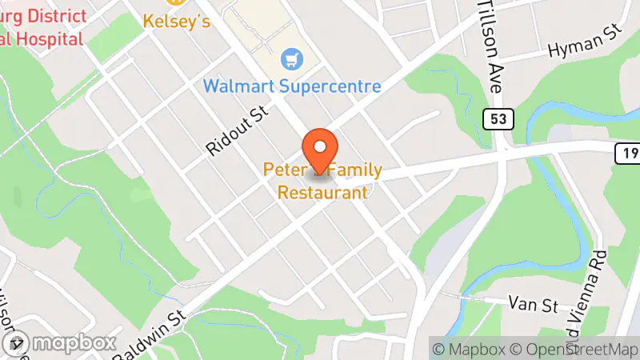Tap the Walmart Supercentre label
(x=291, y=85)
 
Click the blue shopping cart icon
(x=290, y=58)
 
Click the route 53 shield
(x=498, y=119)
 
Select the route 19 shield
(x=626, y=152)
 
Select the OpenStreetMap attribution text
(x=578, y=349)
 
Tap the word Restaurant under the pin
(x=322, y=193)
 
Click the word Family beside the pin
(x=355, y=170)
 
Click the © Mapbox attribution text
(x=470, y=349)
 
